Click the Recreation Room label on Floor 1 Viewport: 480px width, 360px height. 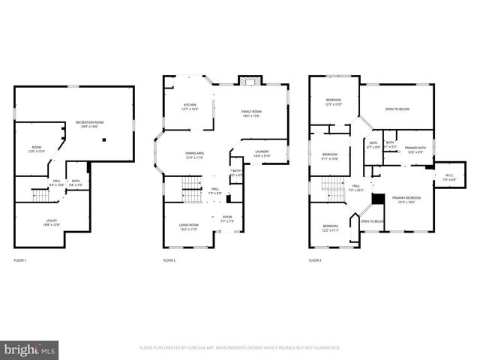tap(89, 124)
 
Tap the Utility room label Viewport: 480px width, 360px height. tap(52, 222)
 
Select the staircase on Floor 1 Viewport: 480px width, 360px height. tap(40, 196)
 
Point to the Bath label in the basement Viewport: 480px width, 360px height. tap(76, 183)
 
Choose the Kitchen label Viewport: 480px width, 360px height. tap(190, 107)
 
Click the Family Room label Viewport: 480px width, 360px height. tap(250, 112)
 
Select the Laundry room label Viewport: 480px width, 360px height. tap(262, 154)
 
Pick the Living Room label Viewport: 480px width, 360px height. tap(188, 227)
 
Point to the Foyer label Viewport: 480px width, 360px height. tap(226, 220)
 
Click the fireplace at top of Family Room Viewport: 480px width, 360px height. tap(247, 81)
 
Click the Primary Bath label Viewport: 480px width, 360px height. tap(415, 149)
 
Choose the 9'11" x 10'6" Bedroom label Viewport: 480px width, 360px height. tap(330, 156)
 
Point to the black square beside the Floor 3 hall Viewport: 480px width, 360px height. tap(379, 199)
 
